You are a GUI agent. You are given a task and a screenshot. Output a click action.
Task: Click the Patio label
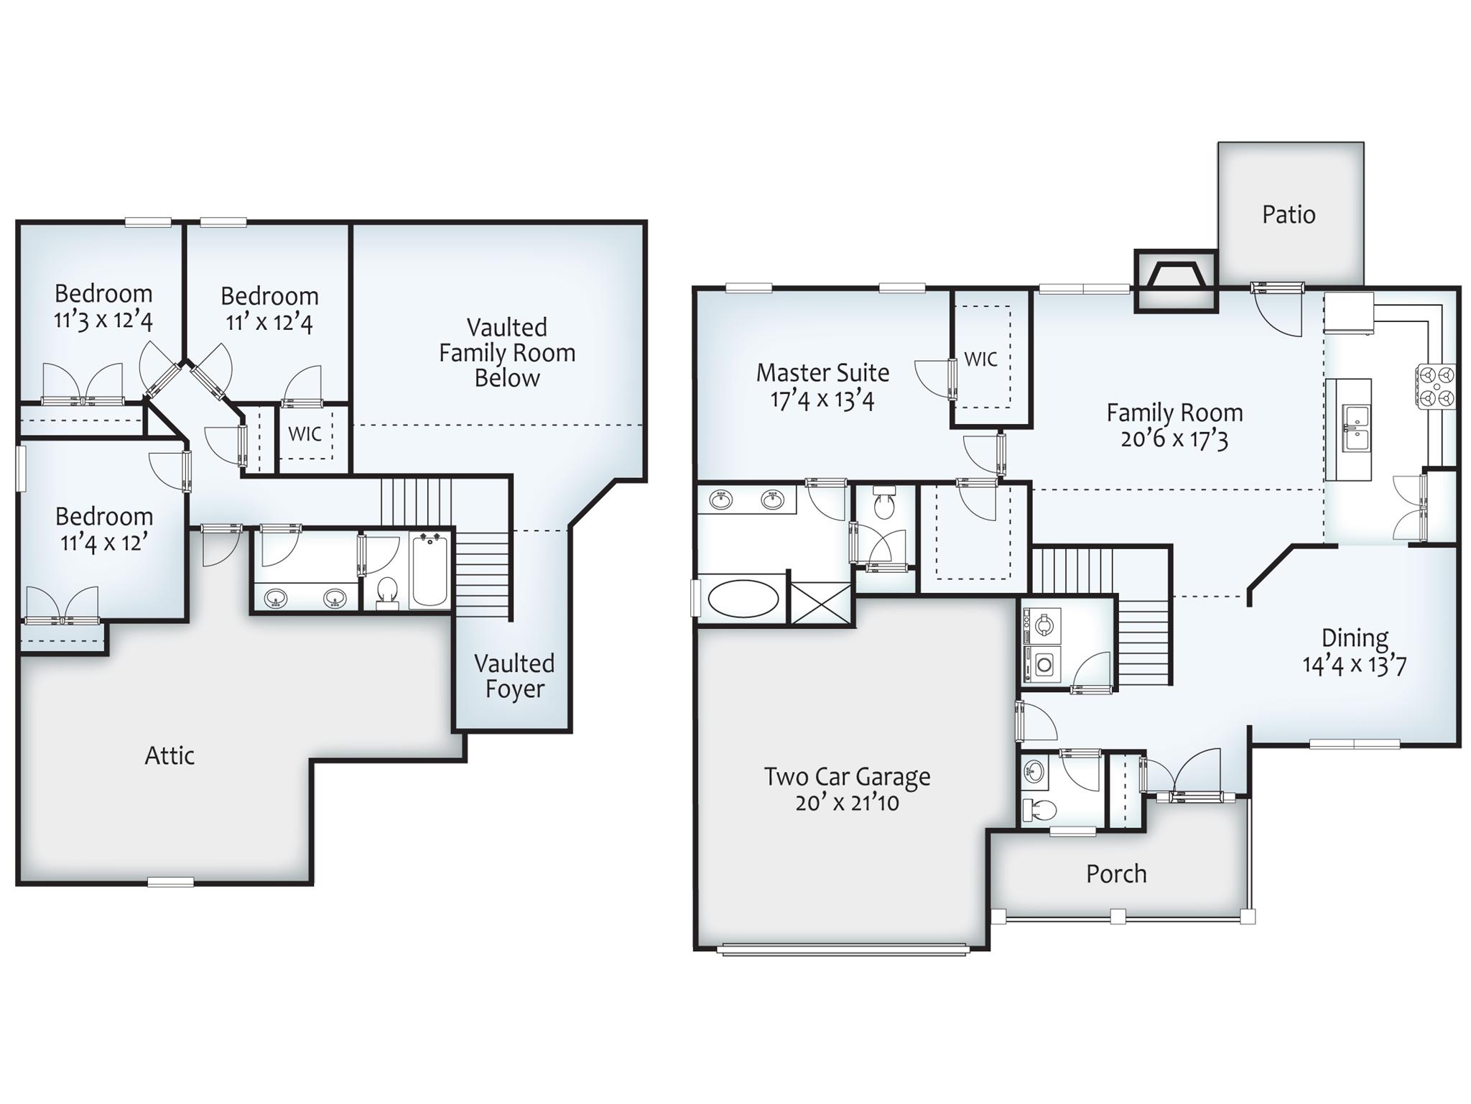coord(1289,214)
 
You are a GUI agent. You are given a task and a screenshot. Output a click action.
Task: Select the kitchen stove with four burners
coord(1436,387)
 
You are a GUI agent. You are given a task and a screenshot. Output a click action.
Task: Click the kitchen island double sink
coord(1355,428)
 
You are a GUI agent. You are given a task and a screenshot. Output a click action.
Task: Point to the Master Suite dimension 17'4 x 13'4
coord(822,400)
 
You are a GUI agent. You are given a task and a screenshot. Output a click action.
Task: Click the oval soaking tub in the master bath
coord(743,599)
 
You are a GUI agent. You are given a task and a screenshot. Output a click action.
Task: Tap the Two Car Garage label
coord(847,777)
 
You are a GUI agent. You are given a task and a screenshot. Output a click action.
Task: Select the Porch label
coord(1115,873)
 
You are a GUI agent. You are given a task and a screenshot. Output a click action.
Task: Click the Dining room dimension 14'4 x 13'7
coord(1354,664)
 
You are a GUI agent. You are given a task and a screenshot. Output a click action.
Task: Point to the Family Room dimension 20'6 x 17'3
coord(1174,438)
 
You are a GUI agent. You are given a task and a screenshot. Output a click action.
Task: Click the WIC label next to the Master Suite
coord(980,359)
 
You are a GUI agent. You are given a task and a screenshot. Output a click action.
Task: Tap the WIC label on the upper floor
coord(305,433)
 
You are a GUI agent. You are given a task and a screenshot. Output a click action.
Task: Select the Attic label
coord(170,755)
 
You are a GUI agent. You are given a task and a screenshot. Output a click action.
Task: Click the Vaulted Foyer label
coord(514,676)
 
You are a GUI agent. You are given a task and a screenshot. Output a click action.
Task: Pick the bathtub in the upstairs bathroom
coord(430,570)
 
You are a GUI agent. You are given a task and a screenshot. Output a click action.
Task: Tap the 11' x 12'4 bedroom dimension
coord(269,322)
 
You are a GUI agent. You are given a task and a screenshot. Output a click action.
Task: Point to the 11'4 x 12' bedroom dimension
coord(104,542)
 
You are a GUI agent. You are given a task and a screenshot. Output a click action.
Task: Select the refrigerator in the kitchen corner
coord(1349,313)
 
